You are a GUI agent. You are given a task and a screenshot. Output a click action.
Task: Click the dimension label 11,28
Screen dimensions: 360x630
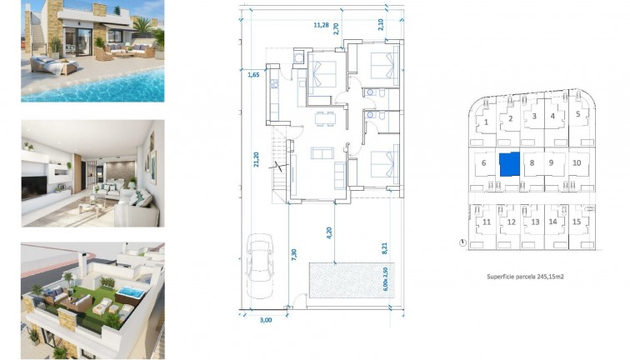pos(321,25)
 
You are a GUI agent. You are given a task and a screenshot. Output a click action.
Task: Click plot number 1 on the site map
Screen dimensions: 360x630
pos(485,122)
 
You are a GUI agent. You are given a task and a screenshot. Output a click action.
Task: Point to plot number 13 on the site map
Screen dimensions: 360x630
pos(534,222)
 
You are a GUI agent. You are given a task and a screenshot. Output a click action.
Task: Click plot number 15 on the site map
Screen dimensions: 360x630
pos(576,222)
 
